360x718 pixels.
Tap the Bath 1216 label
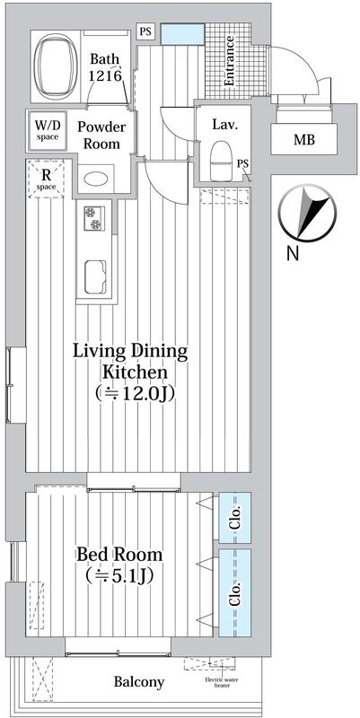coord(105,66)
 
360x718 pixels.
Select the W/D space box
coord(48,130)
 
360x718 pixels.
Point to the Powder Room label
coord(101,135)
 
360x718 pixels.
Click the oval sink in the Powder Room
coord(96,178)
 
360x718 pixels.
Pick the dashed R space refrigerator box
coord(47,179)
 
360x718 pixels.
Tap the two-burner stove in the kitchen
coord(94,218)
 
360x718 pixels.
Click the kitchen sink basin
coord(96,276)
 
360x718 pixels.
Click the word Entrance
coord(229,61)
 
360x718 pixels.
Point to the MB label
coord(304,140)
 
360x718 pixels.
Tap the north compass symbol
coord(307,214)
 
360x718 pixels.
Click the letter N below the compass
coord(292,253)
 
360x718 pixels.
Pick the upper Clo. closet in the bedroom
coord(235,518)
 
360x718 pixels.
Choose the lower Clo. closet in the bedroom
coord(235,593)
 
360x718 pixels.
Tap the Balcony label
coord(139,682)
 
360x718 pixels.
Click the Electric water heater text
coord(224,682)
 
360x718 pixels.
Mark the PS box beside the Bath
coord(145,32)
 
